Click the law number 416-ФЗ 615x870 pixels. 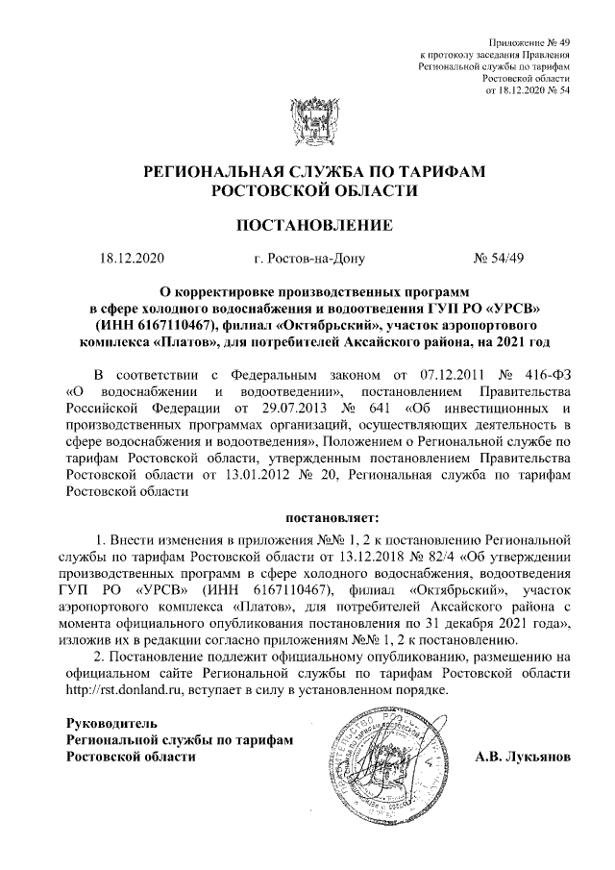(x=547, y=374)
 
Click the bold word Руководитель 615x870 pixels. (x=111, y=722)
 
